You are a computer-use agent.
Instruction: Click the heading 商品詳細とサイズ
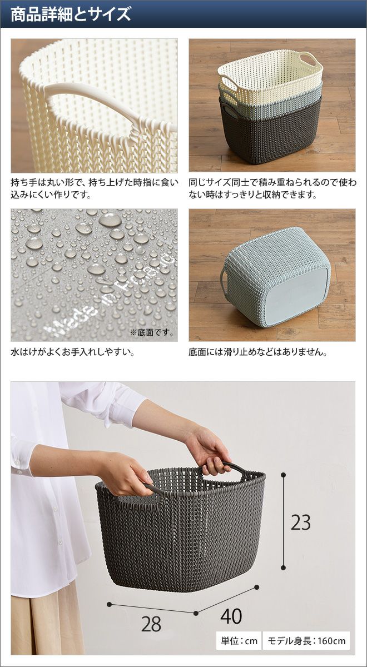71,14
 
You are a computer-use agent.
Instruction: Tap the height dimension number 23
301,522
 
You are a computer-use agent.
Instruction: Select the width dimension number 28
151,624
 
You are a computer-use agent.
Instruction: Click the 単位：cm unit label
239,641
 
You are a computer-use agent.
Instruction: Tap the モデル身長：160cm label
306,641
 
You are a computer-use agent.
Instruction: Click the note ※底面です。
152,332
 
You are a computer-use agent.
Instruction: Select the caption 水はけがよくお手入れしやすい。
73,352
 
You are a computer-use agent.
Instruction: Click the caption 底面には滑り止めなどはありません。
258,352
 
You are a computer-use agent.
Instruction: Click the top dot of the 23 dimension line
283,474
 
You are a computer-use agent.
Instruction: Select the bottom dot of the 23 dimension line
283,568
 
